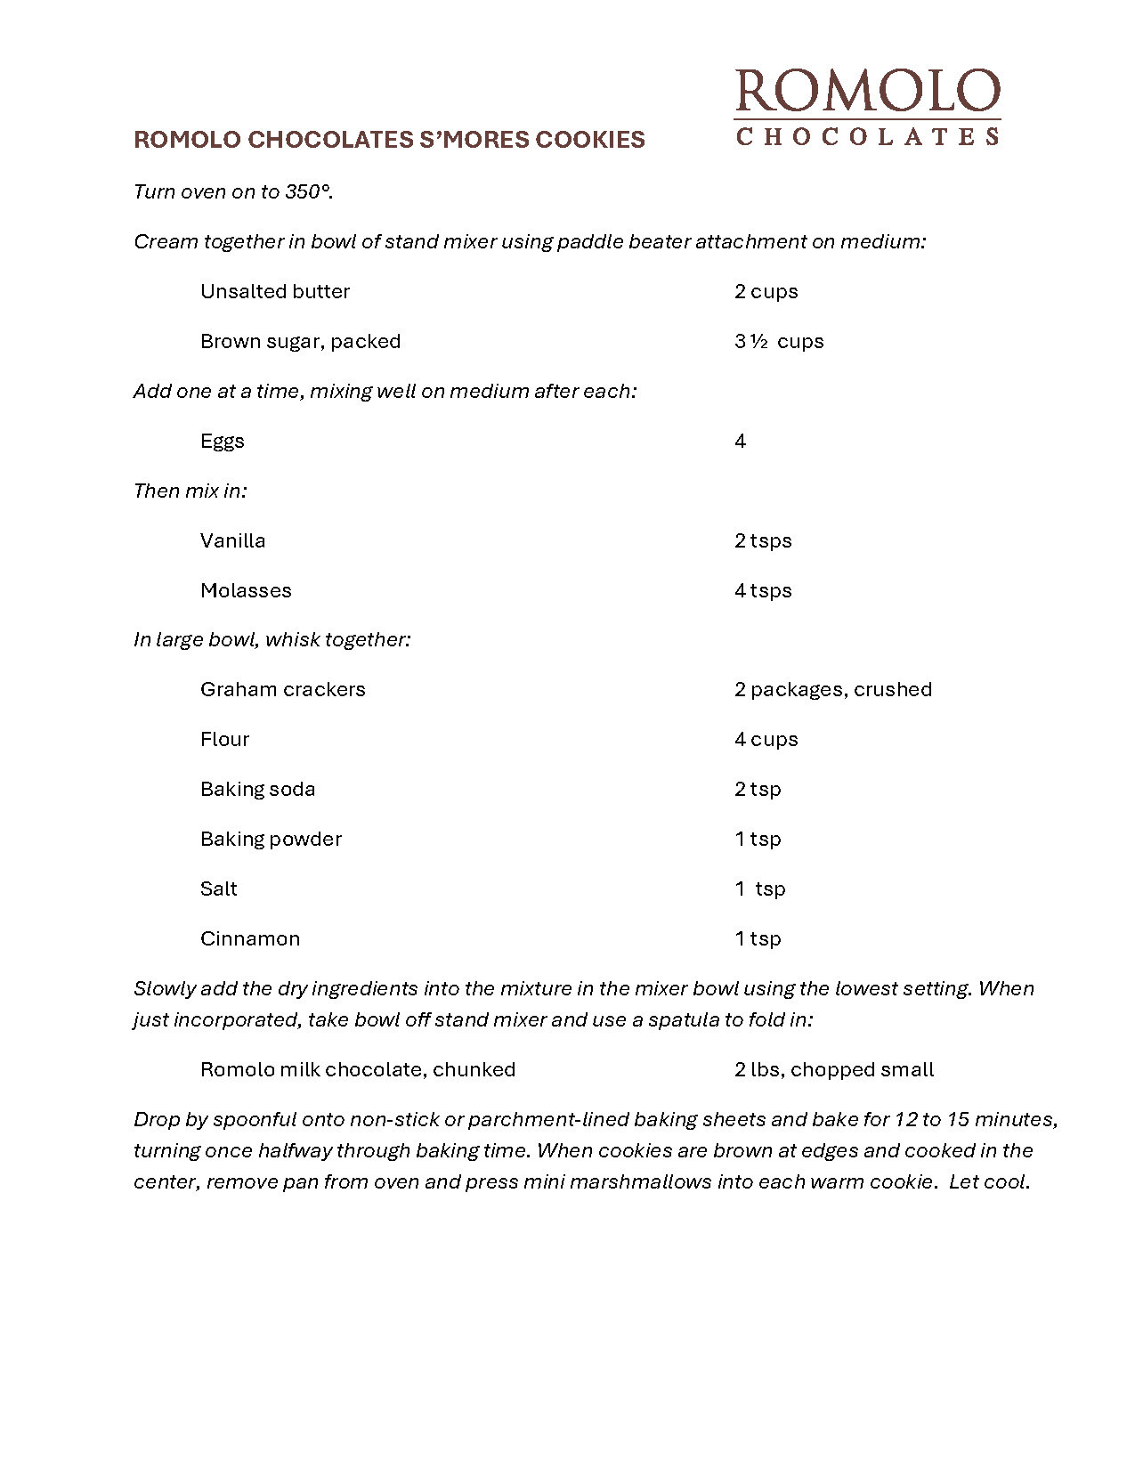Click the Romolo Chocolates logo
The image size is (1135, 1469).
[x=867, y=107]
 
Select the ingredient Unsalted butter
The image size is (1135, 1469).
[x=275, y=291]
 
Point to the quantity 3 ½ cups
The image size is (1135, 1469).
[x=779, y=341]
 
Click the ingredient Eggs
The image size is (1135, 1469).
[x=223, y=442]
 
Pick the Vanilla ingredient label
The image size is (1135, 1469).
[x=233, y=540]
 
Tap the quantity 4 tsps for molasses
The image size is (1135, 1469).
[x=763, y=590]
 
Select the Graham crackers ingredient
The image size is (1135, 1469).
[x=283, y=689]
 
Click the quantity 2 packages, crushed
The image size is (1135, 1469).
[x=833, y=689]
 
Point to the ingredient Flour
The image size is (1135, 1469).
[x=225, y=739]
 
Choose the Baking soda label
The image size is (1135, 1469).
[x=258, y=789]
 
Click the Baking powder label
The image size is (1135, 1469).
[x=272, y=839]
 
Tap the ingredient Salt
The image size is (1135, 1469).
[x=219, y=889]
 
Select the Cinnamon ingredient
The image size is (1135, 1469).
[x=250, y=938]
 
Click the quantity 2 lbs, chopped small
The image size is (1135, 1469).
[x=834, y=1069]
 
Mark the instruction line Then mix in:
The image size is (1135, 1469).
[x=191, y=491]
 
